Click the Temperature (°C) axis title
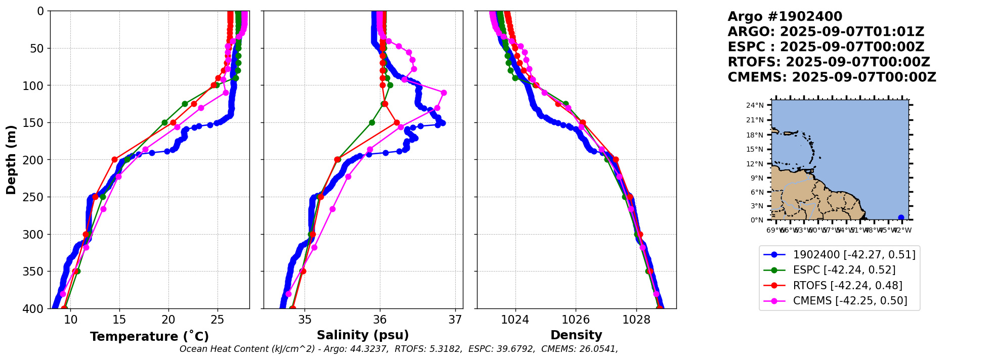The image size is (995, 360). pyautogui.click(x=149, y=337)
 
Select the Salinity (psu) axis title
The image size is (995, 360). pyautogui.click(x=363, y=335)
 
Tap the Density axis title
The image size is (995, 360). pyautogui.click(x=576, y=335)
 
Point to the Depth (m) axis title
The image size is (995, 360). pyautogui.click(x=11, y=160)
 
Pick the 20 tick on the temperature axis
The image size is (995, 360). pyautogui.click(x=168, y=320)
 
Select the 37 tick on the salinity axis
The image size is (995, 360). pyautogui.click(x=455, y=320)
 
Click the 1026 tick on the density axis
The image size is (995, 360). pyautogui.click(x=576, y=320)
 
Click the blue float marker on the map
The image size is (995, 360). pyautogui.click(x=901, y=218)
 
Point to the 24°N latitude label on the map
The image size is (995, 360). pyautogui.click(x=755, y=106)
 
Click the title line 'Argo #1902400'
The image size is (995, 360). pyautogui.click(x=785, y=17)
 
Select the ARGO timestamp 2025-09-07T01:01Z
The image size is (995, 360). pyautogui.click(x=852, y=32)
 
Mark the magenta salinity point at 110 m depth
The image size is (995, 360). pyautogui.click(x=444, y=93)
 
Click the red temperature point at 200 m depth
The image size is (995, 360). pyautogui.click(x=114, y=160)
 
